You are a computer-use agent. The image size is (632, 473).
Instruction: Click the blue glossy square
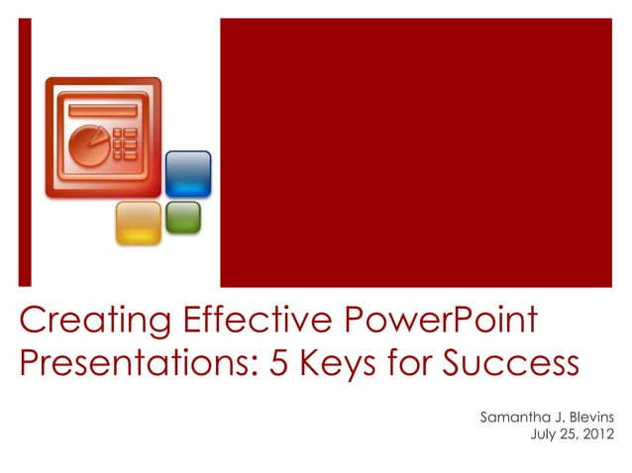click(x=187, y=174)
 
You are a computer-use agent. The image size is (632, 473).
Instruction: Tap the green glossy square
click(x=182, y=217)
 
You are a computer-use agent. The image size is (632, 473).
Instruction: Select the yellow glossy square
click(x=138, y=222)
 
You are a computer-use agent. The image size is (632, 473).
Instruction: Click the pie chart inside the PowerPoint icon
click(x=87, y=144)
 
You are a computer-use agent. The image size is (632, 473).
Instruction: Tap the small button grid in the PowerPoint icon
click(x=126, y=143)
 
